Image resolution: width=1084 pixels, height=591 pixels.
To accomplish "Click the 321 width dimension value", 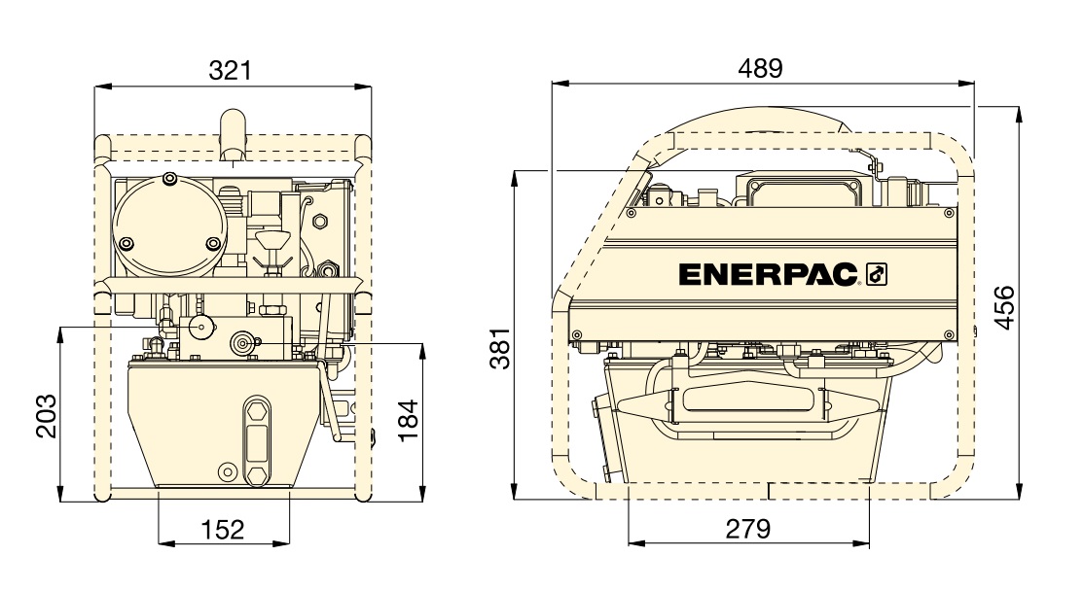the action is tap(231, 70).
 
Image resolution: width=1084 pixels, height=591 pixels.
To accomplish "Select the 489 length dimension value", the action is tap(761, 68).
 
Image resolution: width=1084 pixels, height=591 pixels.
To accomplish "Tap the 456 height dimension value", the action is tap(1003, 307).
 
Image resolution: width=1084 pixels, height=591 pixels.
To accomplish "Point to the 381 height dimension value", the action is tap(500, 349).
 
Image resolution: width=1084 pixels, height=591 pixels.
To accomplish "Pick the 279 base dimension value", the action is tap(748, 529).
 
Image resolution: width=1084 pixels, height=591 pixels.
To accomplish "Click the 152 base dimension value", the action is tap(223, 530).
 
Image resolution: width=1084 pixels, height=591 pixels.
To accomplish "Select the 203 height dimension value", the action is tap(47, 416).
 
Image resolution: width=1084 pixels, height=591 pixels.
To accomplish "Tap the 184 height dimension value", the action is tap(409, 421).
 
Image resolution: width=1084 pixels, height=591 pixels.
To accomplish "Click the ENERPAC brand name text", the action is tap(768, 275).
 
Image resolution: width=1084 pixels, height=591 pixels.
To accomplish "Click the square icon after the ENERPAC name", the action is tap(876, 275).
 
